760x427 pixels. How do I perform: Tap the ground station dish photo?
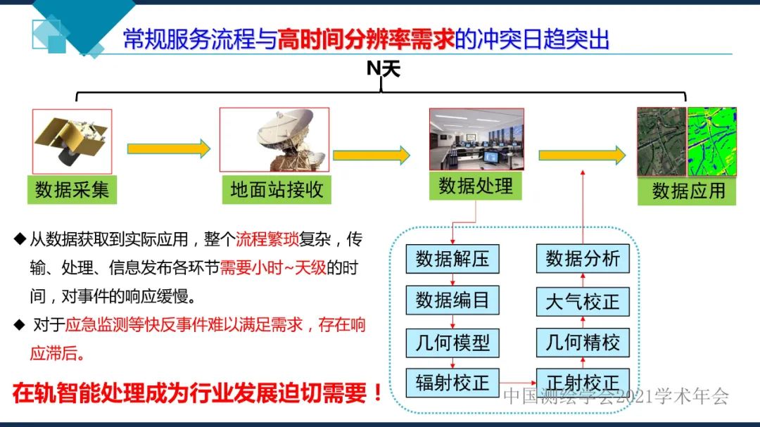pos(274,140)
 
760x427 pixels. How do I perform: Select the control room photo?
pos(476,139)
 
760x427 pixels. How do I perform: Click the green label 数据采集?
pos(72,190)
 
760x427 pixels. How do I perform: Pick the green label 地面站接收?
pos(276,190)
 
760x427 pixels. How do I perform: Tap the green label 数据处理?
pos(476,186)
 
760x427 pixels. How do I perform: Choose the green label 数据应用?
pos(688,191)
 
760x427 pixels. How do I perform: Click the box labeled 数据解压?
pos(452,259)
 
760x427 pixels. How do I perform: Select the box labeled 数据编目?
pos(452,300)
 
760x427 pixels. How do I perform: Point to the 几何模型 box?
pos(452,343)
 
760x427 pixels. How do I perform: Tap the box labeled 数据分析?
pos(582,259)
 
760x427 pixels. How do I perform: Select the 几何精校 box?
pos(582,343)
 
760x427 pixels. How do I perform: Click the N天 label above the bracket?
pos(383,69)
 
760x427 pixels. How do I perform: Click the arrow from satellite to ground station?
pos(168,148)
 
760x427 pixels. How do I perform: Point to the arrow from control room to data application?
pos(581,155)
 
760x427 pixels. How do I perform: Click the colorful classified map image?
pos(711,141)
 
